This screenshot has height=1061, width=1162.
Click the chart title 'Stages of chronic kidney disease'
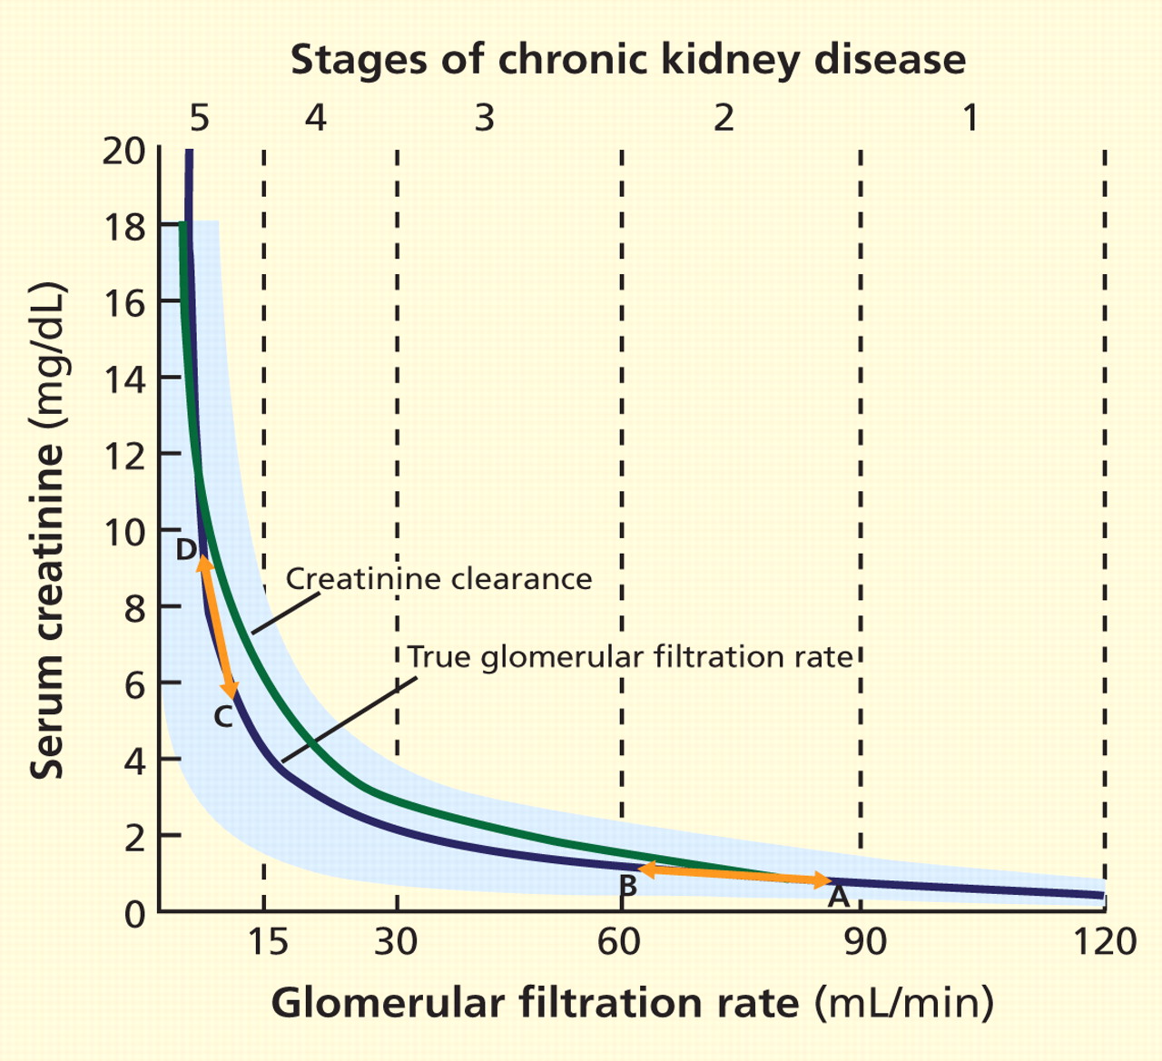pyautogui.click(x=628, y=60)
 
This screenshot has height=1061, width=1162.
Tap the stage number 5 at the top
pyautogui.click(x=199, y=118)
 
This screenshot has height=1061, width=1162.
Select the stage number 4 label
pyautogui.click(x=315, y=118)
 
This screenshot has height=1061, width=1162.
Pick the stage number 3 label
pyautogui.click(x=485, y=118)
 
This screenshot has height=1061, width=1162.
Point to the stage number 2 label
pyautogui.click(x=723, y=118)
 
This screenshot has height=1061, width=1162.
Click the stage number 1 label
pyautogui.click(x=970, y=118)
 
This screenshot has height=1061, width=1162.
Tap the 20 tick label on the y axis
pyautogui.click(x=123, y=151)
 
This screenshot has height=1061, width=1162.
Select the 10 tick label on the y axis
pyautogui.click(x=123, y=531)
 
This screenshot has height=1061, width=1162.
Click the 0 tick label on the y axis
pyautogui.click(x=134, y=912)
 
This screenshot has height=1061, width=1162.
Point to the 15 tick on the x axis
pyautogui.click(x=266, y=942)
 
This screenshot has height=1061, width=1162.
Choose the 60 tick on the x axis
pyautogui.click(x=621, y=942)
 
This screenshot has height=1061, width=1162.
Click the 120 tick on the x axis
pyautogui.click(x=1104, y=942)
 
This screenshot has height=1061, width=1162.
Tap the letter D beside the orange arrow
pyautogui.click(x=186, y=550)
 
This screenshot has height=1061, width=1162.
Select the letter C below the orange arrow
pyautogui.click(x=223, y=718)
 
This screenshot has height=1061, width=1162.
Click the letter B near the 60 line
pyautogui.click(x=626, y=886)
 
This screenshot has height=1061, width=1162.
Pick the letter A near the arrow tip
pyautogui.click(x=838, y=897)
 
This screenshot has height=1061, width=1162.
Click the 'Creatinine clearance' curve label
pyautogui.click(x=438, y=579)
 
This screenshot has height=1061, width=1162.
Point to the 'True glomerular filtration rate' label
pyautogui.click(x=630, y=656)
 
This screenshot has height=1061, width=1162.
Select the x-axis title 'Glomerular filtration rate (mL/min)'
pyautogui.click(x=632, y=1004)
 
